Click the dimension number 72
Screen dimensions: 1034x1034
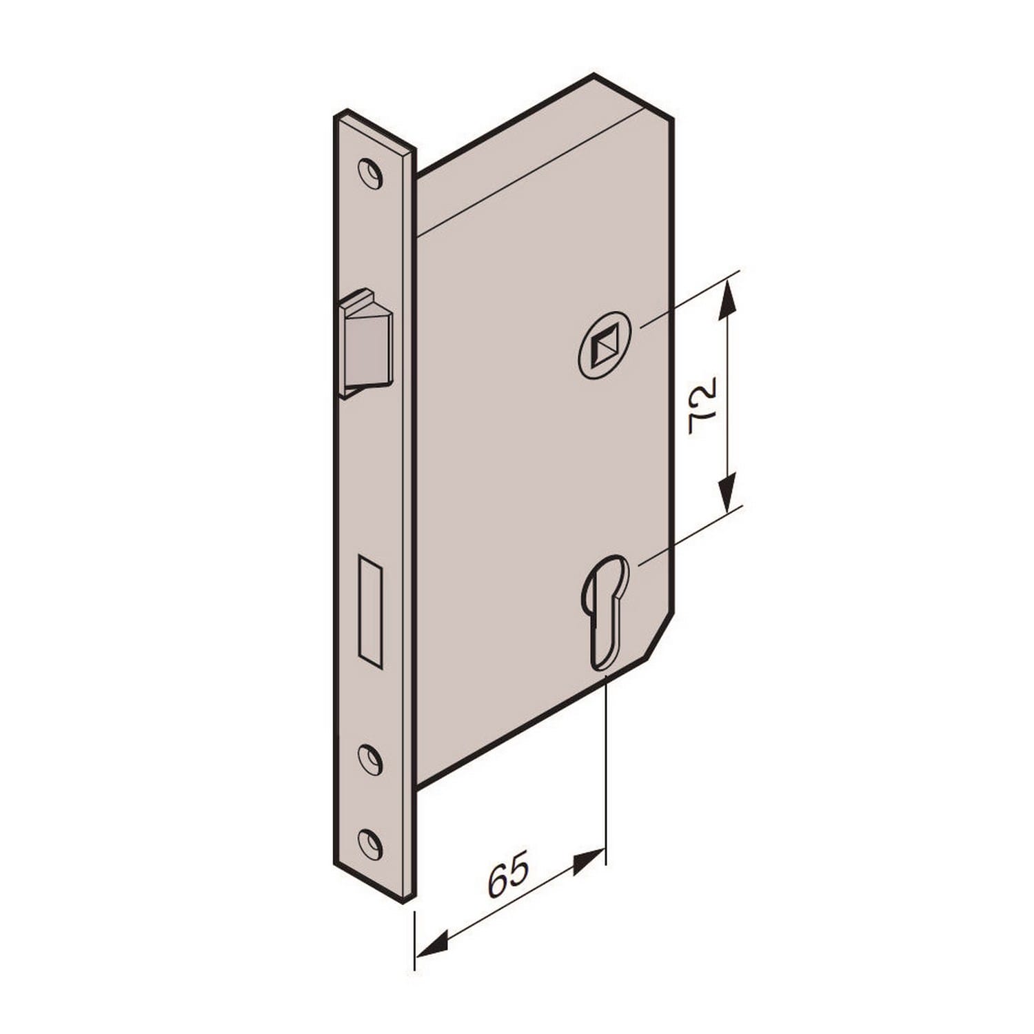point(704,405)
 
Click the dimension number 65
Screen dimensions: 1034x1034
point(509,874)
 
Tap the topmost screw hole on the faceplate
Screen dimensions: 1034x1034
point(370,174)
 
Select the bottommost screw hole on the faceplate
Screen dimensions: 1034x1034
point(370,844)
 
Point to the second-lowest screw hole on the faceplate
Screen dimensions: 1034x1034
point(370,759)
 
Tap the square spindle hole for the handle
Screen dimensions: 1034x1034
point(604,344)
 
